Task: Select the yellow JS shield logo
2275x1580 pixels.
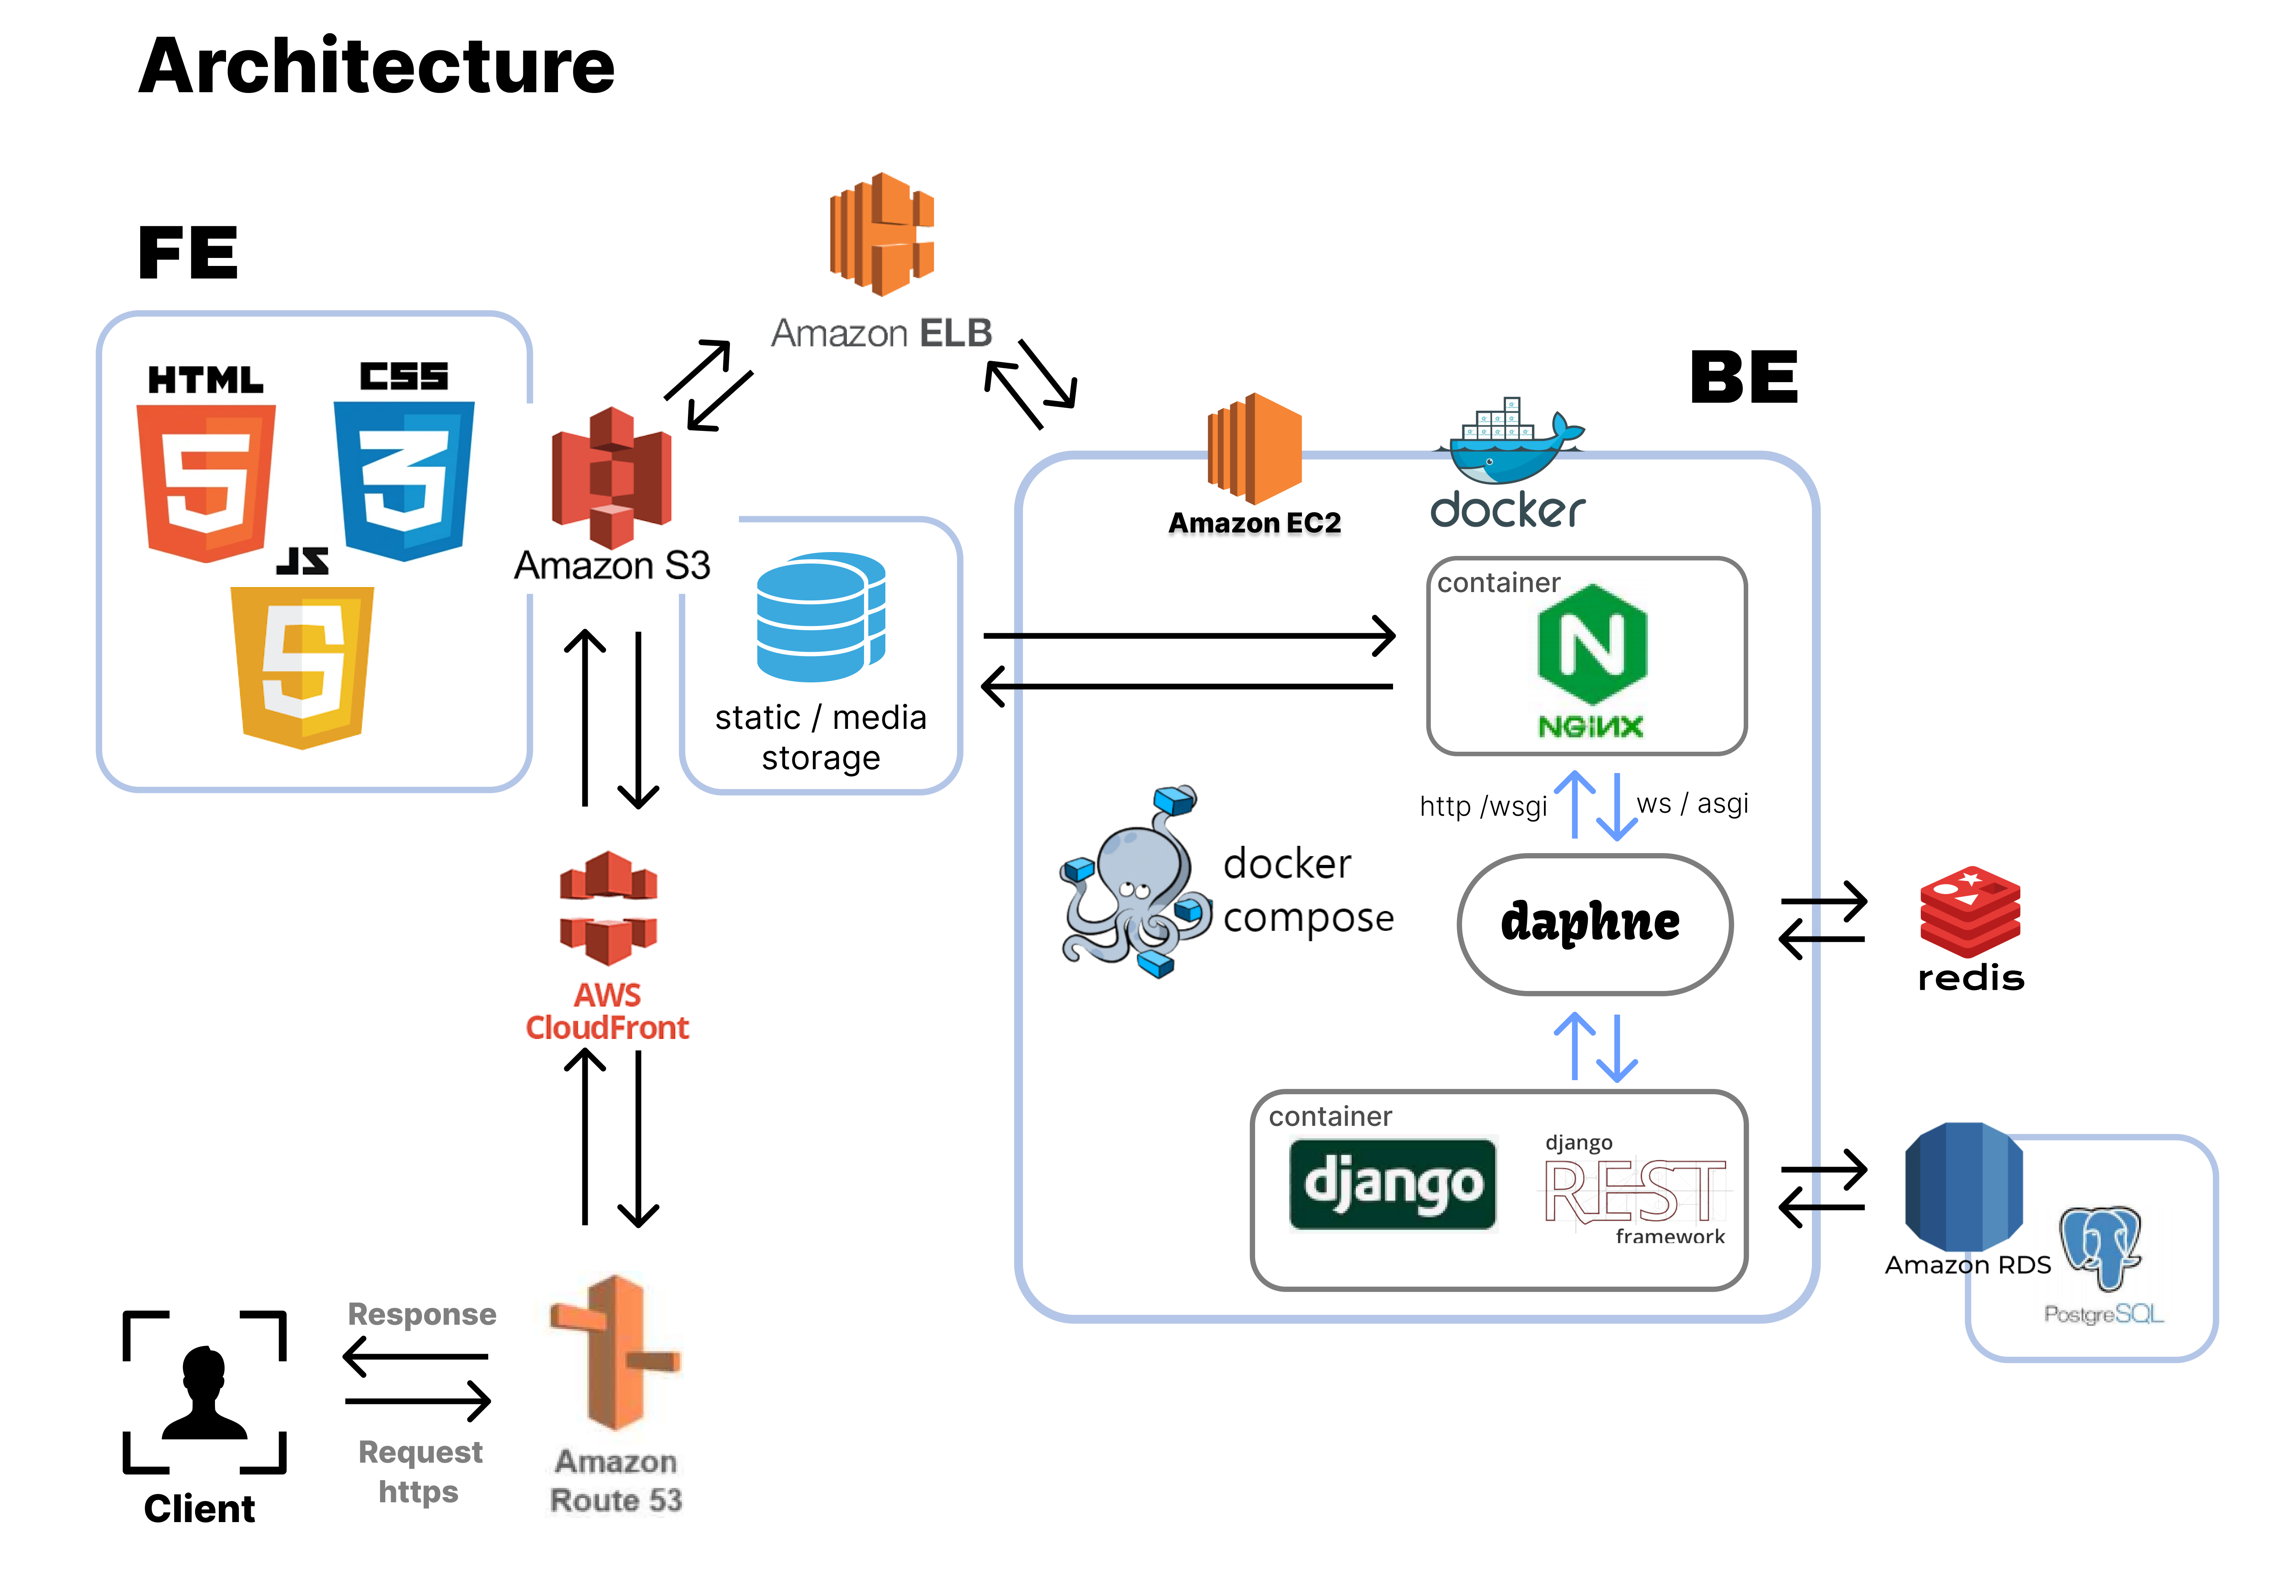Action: [x=302, y=665]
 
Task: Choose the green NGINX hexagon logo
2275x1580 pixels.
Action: [x=1592, y=645]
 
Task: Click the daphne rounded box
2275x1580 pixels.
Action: [x=1595, y=924]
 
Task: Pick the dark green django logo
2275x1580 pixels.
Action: [x=1393, y=1184]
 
